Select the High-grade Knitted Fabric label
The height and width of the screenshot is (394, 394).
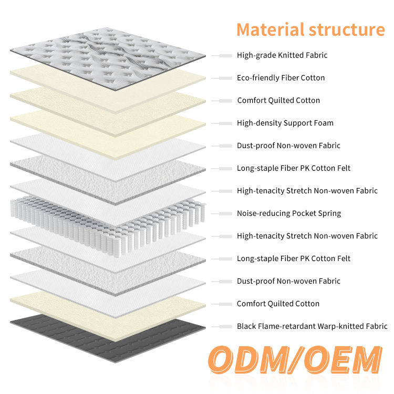[x=282, y=55]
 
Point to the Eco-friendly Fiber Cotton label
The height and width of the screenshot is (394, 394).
[x=281, y=78]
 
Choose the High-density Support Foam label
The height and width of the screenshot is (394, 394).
[x=285, y=123]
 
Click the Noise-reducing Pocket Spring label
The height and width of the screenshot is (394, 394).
[x=289, y=213]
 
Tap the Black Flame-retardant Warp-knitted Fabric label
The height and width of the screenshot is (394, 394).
[x=312, y=326]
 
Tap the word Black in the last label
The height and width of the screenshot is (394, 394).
[x=247, y=326]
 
